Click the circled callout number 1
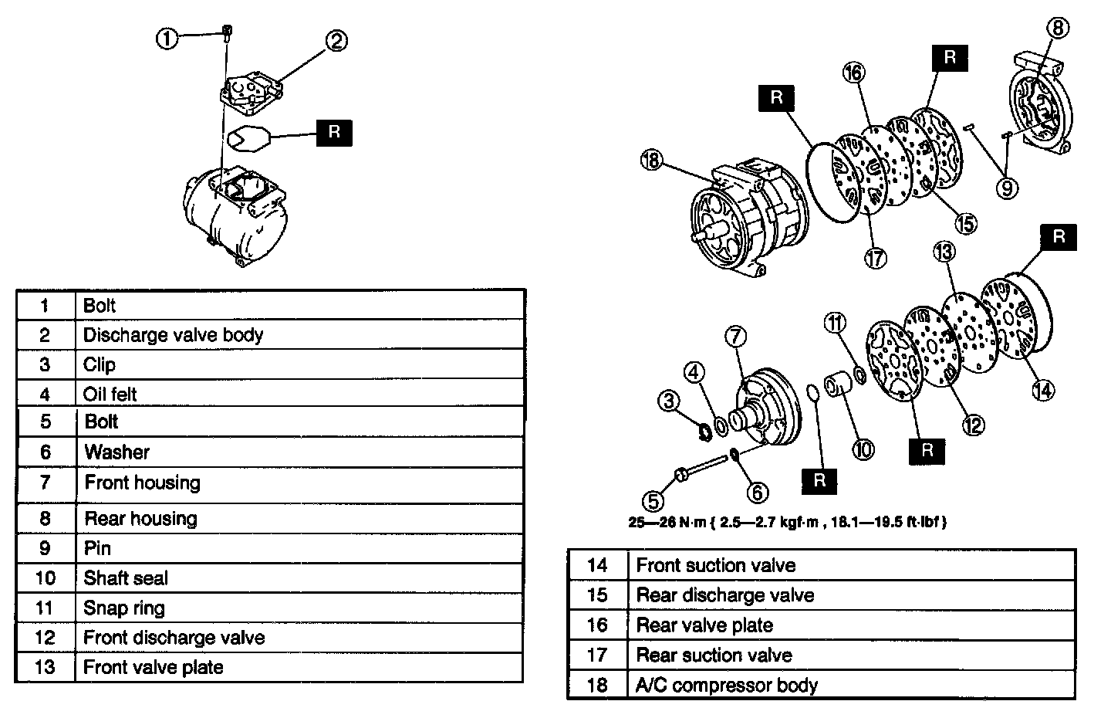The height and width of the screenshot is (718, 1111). coord(167,38)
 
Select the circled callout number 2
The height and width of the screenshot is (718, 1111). coord(336,42)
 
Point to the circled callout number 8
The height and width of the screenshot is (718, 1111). coord(1059,29)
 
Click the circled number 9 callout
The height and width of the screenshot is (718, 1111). coord(1007,188)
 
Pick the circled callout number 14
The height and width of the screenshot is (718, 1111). coord(1042,390)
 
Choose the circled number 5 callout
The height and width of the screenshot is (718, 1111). coord(654,502)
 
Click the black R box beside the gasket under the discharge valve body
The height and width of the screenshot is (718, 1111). coord(334,132)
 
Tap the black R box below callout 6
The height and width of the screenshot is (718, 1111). coord(819,480)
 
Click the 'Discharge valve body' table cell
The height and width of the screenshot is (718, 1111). coord(174,335)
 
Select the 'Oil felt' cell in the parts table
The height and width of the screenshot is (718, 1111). coord(110,395)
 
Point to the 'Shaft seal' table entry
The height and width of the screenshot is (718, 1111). coord(126,578)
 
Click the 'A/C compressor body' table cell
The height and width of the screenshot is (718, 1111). coord(727,685)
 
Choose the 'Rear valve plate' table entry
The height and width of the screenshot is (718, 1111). coord(704,625)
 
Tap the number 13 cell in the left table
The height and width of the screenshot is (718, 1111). coord(46,667)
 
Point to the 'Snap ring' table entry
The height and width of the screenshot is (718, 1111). coord(124,608)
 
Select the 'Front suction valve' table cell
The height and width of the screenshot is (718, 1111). coord(715,565)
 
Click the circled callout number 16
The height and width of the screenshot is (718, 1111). coord(853,73)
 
